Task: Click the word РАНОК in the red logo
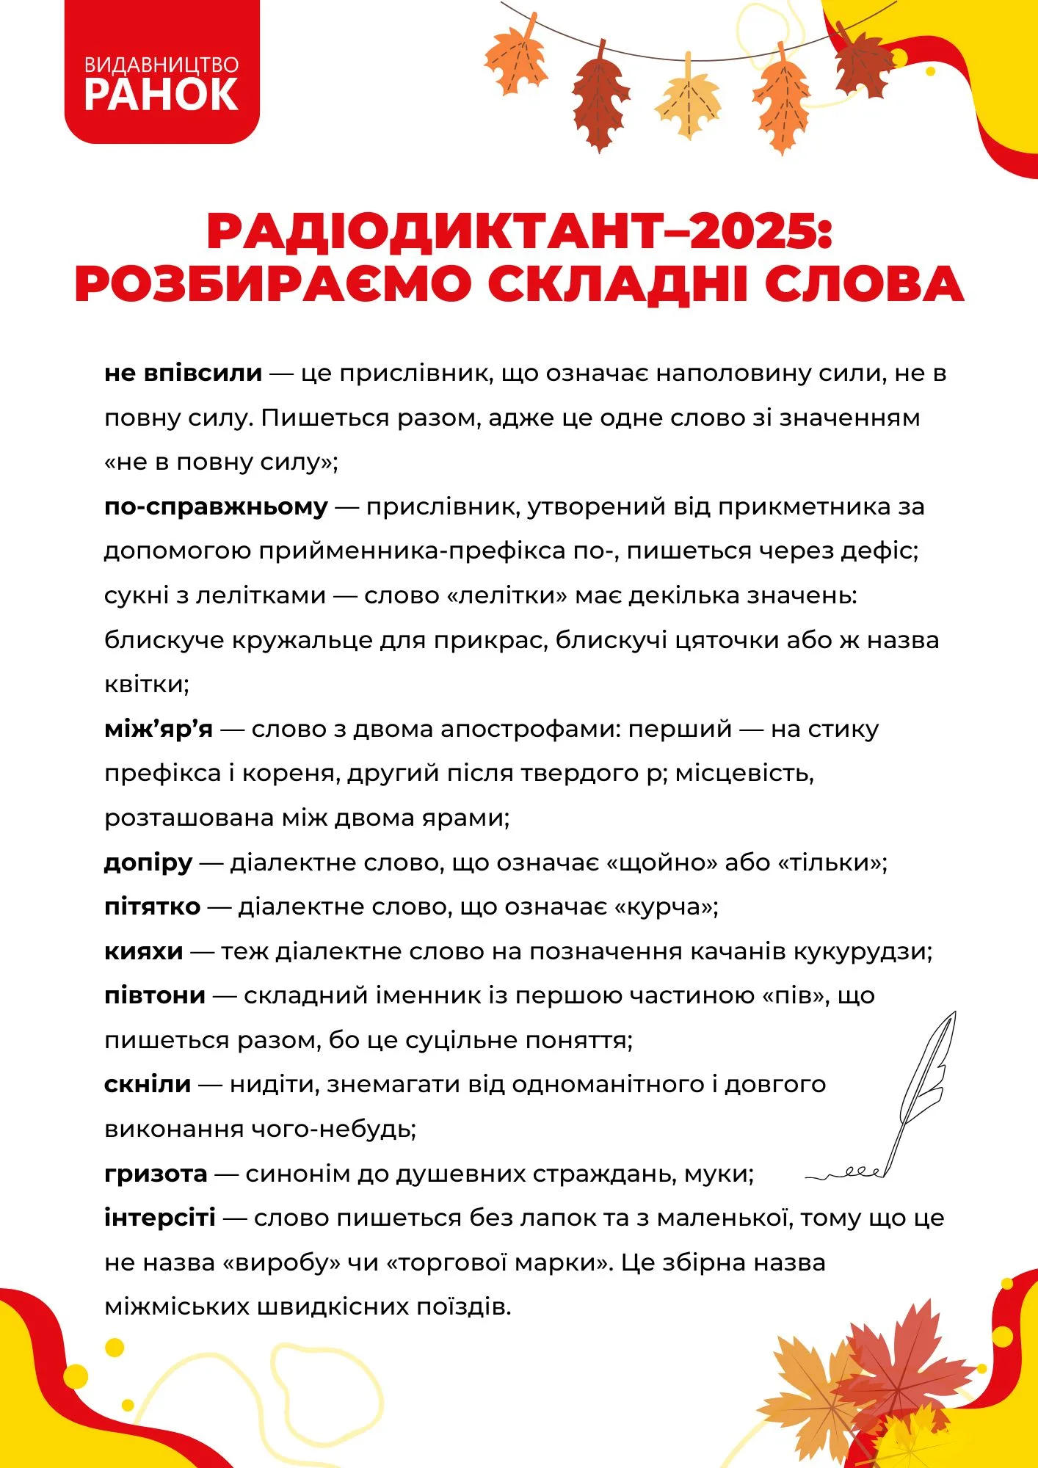click(161, 95)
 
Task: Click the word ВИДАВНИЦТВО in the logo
click(161, 65)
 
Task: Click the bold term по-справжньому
click(216, 506)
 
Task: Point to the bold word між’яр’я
click(159, 729)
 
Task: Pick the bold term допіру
click(148, 862)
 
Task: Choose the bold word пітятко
click(152, 906)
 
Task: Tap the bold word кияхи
click(143, 951)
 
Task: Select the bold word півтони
click(155, 995)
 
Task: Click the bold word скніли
click(148, 1084)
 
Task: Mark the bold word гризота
click(156, 1174)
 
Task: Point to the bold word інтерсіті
click(160, 1218)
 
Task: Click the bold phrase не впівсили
click(183, 373)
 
